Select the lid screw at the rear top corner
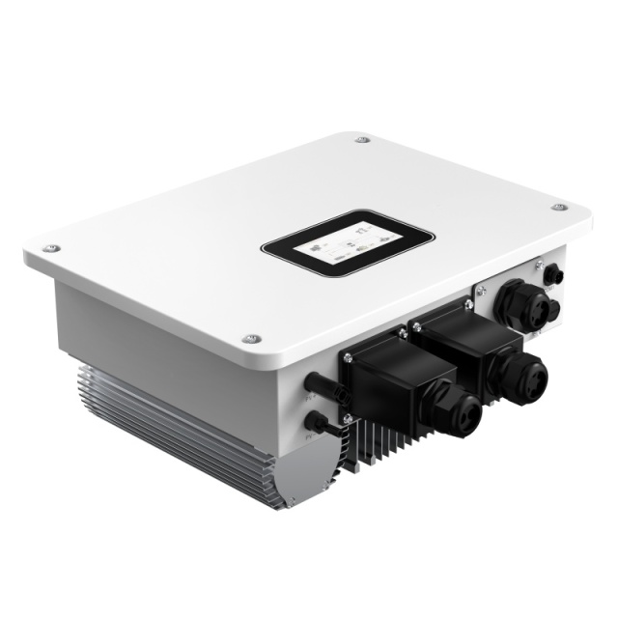[361, 141]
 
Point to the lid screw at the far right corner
[559, 208]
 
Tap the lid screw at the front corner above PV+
[252, 339]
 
